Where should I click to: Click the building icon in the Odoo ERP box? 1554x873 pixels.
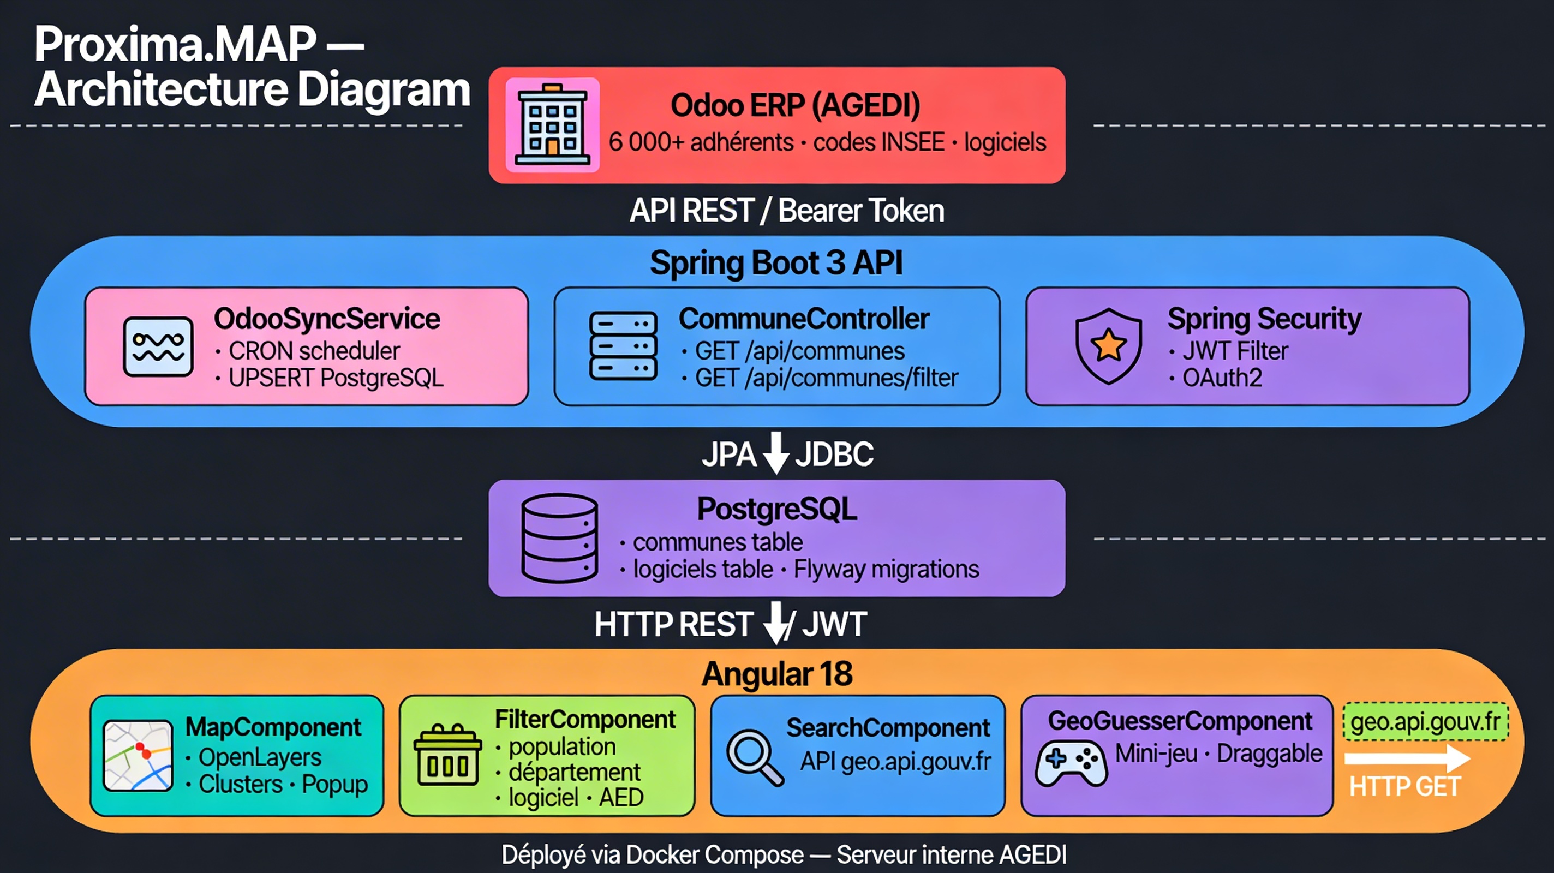tap(552, 125)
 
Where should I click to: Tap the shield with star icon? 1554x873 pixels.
tap(1108, 346)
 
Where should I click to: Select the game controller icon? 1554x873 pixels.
tap(1071, 763)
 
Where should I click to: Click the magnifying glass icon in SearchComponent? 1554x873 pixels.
tap(754, 757)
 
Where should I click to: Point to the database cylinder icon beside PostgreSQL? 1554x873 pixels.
tap(559, 538)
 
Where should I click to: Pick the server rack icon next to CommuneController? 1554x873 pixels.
tap(623, 346)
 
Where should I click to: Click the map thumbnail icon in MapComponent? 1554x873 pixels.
tap(138, 755)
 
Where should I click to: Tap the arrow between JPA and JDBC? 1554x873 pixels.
tap(776, 452)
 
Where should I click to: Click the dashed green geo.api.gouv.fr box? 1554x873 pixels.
tap(1425, 721)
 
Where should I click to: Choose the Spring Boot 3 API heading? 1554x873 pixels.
tap(776, 263)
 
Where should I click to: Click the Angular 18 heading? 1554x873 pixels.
tap(777, 674)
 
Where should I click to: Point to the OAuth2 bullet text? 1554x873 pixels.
tap(1222, 378)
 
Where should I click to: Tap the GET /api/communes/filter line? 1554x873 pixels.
tap(826, 378)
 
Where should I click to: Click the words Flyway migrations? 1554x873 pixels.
tap(886, 570)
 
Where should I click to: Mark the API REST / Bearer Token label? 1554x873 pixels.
tap(787, 211)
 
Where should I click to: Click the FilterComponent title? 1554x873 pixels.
tap(585, 719)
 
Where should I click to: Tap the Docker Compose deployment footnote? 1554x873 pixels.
tap(784, 855)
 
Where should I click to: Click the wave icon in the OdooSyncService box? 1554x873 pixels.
tap(158, 346)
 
